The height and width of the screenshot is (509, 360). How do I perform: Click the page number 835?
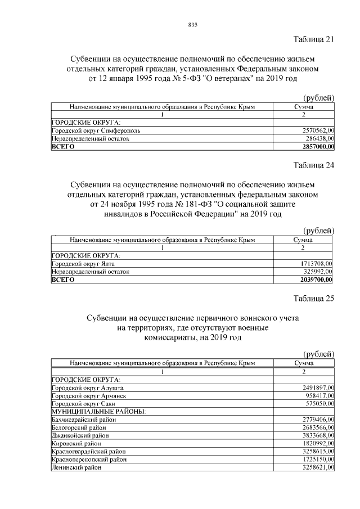tap(192, 25)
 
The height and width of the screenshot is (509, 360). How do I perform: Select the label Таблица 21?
tap(314, 39)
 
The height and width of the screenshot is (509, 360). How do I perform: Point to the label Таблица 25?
tap(314, 299)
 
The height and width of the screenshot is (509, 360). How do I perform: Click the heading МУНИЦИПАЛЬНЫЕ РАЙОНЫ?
tap(98, 412)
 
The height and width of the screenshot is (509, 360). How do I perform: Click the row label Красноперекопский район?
tap(88, 460)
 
